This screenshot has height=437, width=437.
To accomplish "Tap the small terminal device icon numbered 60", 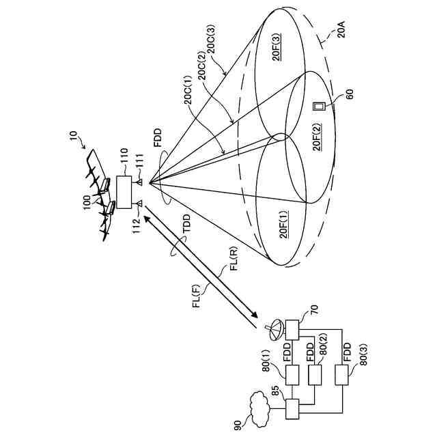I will (318, 107).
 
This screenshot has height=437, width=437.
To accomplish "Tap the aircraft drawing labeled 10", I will (102, 195).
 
